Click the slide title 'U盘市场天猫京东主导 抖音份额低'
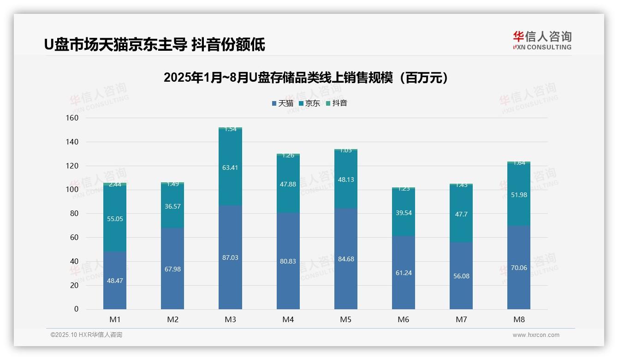(x=154, y=45)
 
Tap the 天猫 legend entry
(x=283, y=103)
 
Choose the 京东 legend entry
(x=309, y=103)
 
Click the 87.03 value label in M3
(x=230, y=258)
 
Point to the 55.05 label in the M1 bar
(x=115, y=219)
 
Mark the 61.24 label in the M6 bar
(x=404, y=273)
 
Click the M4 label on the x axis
(x=288, y=319)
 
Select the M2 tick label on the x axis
(x=172, y=319)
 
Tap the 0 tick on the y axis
(x=76, y=309)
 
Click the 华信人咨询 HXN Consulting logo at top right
(x=542, y=41)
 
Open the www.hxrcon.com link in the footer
(x=536, y=335)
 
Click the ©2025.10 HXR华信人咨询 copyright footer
(x=86, y=335)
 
